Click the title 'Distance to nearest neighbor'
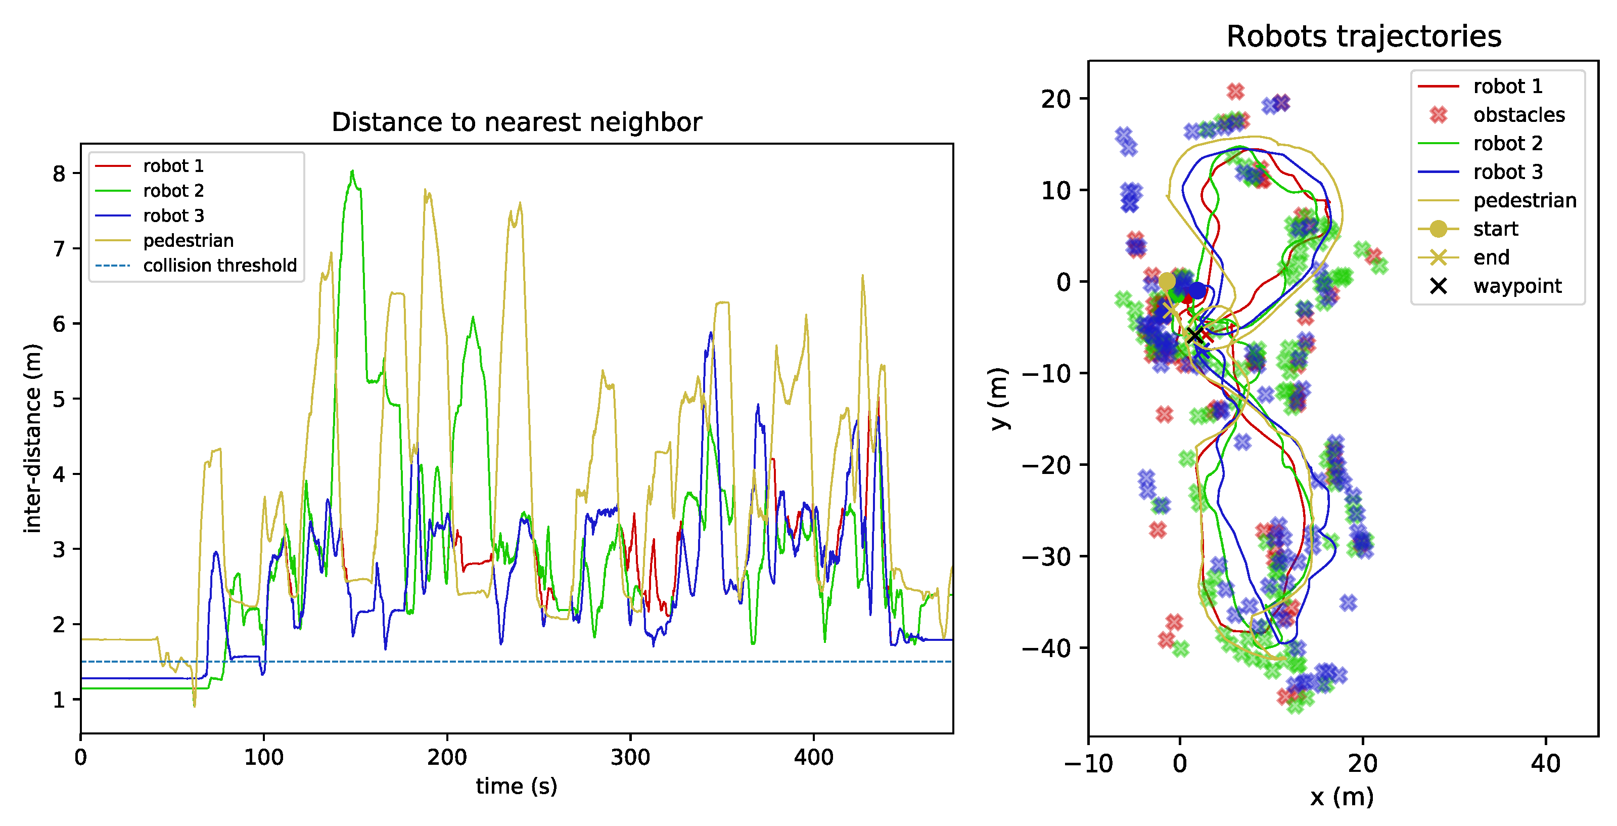tap(516, 122)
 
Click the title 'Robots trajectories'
tap(1363, 36)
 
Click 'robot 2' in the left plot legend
tap(173, 191)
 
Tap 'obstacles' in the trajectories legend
tap(1518, 115)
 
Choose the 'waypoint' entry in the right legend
tap(1517, 286)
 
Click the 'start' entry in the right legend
tap(1495, 229)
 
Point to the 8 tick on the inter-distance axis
tap(59, 174)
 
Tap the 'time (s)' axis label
tap(516, 786)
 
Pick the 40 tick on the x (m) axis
tap(1545, 763)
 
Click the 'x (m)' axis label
tap(1342, 797)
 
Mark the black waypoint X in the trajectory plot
tap(1194, 336)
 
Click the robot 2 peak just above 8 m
tap(352, 170)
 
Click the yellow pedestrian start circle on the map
tap(1166, 281)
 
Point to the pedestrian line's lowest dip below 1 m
tap(194, 706)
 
